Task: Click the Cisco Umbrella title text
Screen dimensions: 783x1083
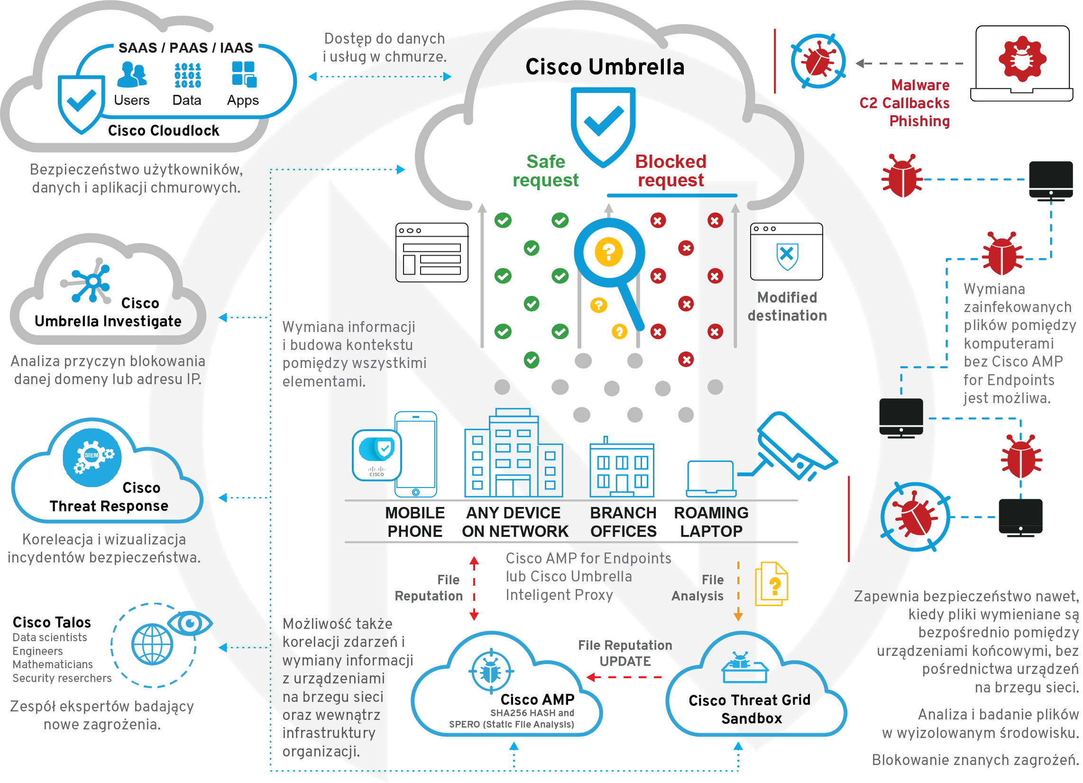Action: pos(605,67)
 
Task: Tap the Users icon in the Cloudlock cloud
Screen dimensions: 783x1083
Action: pos(131,75)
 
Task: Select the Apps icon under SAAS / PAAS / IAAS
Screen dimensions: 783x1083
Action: pos(244,74)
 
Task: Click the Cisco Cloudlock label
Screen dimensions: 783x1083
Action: pos(163,130)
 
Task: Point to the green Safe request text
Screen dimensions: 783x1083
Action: pos(545,171)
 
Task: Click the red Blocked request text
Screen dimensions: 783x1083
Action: pos(670,171)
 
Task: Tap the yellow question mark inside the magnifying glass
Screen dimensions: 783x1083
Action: pos(608,251)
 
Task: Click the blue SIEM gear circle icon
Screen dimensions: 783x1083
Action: pos(92,457)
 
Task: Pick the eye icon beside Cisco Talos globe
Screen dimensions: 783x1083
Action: pos(190,623)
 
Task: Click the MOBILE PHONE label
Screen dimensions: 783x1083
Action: pos(414,522)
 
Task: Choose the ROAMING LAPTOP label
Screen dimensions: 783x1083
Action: pos(711,522)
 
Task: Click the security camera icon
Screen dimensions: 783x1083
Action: pos(795,447)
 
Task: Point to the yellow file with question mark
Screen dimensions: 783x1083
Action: pos(771,584)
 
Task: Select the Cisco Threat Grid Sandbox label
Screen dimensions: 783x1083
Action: pos(750,709)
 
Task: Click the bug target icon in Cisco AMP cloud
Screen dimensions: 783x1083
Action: pos(490,671)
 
